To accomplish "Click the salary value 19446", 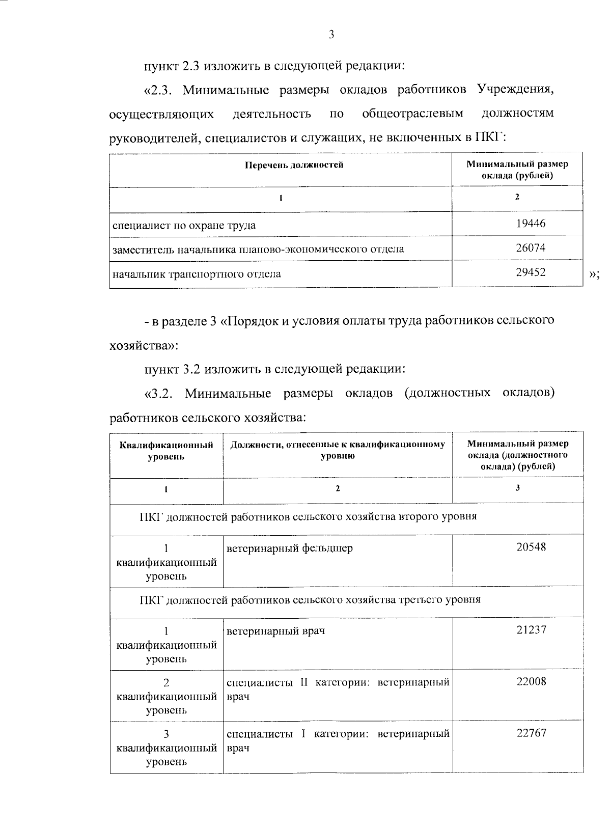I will [x=531, y=223].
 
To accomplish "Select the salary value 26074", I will [x=531, y=248].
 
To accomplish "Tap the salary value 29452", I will [x=531, y=272].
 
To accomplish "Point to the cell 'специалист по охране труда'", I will [x=184, y=225].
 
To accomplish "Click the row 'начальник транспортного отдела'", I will [x=197, y=274].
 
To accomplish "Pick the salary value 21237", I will [x=531, y=630].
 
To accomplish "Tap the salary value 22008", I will [x=531, y=682].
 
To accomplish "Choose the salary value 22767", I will [x=531, y=733].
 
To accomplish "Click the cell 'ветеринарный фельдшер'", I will [x=290, y=548].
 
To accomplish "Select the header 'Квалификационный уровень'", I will [x=166, y=451].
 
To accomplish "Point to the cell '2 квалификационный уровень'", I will [x=166, y=696].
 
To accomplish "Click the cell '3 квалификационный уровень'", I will [x=166, y=748].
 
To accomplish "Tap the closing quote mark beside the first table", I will [x=594, y=275].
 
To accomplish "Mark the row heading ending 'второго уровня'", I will [x=308, y=516].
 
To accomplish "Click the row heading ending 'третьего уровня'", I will [x=310, y=599].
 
